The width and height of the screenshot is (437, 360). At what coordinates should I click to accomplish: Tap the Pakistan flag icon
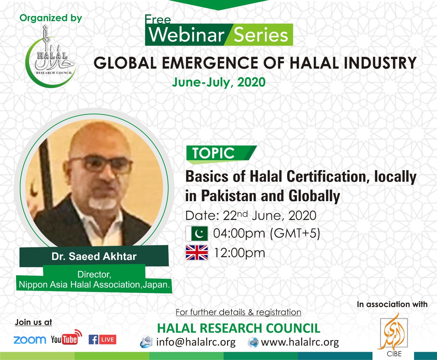tap(197, 234)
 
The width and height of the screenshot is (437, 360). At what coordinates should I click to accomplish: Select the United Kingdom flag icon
tap(197, 253)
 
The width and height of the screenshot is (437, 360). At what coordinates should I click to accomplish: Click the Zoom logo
tap(30, 340)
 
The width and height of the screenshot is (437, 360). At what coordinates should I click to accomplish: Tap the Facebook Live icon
tap(102, 340)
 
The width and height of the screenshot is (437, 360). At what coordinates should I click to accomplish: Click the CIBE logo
tap(394, 336)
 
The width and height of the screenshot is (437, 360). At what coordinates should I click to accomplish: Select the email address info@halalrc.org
tap(196, 342)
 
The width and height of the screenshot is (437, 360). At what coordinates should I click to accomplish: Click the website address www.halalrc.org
tap(300, 342)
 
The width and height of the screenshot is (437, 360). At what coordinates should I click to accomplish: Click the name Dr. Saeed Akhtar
tap(94, 256)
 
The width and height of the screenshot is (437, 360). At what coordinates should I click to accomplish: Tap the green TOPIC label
tap(213, 153)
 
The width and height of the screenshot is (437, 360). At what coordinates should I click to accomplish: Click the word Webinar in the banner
tap(186, 35)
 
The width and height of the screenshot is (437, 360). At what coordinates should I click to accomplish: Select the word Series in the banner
tap(261, 35)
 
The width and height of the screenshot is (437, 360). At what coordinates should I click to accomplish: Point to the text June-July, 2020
tap(219, 82)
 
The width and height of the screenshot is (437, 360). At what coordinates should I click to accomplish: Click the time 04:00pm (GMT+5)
tap(266, 234)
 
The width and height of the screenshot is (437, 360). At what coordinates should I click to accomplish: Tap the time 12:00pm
tap(239, 253)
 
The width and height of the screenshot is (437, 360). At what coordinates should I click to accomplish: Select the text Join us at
tap(33, 322)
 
